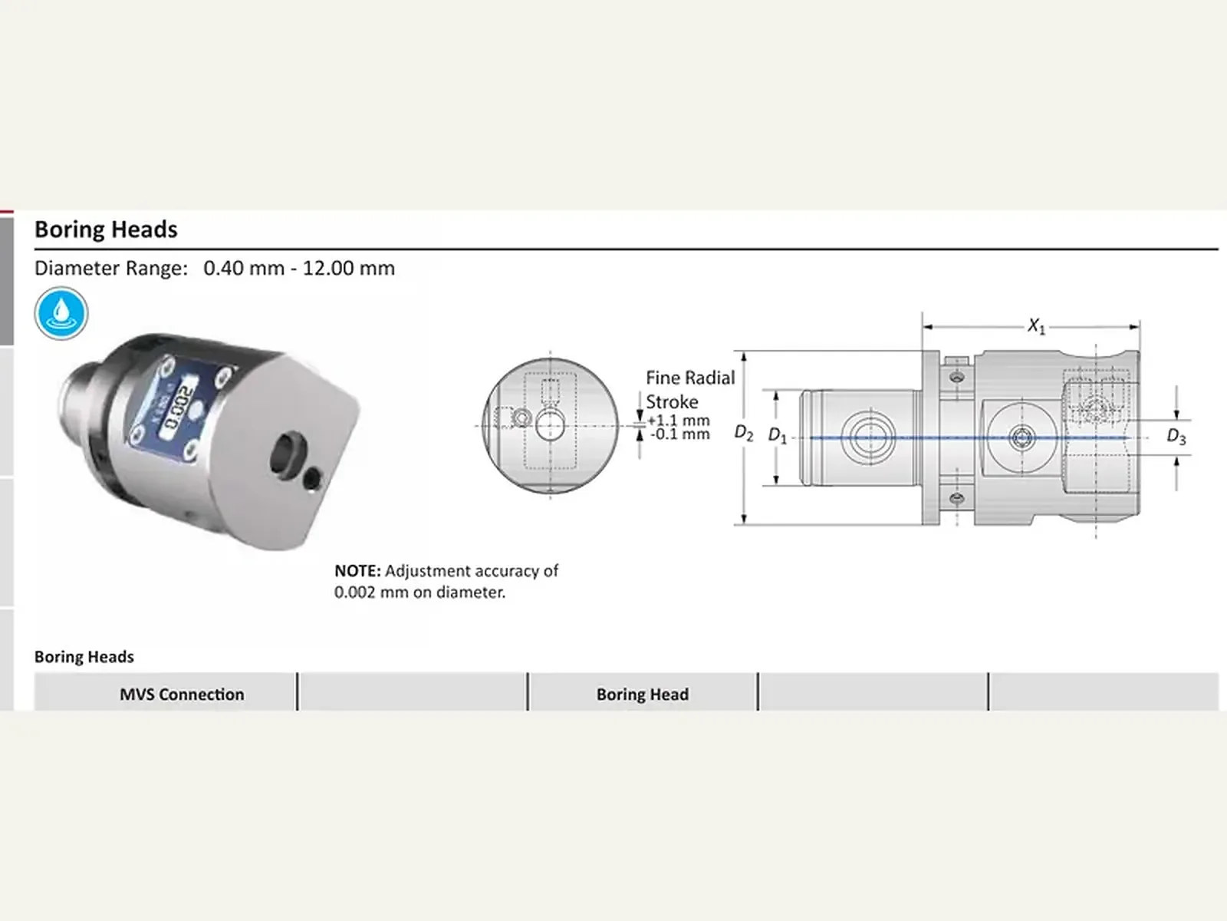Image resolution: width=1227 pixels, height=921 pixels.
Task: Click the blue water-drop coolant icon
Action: point(61,313)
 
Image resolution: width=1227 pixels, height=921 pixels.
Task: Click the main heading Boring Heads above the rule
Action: point(106,229)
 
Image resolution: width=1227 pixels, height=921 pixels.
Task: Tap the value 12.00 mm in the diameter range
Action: point(349,269)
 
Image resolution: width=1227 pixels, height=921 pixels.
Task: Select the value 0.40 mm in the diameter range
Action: point(245,269)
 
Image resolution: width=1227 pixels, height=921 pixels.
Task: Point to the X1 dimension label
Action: point(1036,326)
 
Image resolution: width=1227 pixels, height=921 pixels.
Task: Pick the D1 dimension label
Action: point(778,435)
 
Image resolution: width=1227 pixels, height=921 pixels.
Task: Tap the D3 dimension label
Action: point(1176,436)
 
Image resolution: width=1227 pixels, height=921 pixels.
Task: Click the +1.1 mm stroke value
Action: point(679,420)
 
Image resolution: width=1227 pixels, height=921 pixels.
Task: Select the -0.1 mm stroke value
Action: point(679,434)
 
